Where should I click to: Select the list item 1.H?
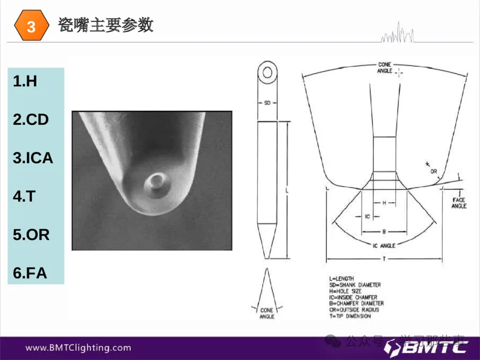(25, 82)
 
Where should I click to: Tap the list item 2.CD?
(31, 120)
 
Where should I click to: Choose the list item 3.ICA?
(33, 158)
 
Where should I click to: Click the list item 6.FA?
(30, 274)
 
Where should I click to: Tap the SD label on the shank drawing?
(268, 102)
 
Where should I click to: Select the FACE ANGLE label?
(459, 203)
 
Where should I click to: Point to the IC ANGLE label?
(383, 245)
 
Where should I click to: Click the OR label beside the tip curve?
(434, 171)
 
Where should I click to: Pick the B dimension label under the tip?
(384, 231)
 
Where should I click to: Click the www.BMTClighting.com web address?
(78, 348)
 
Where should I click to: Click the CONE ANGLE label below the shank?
(267, 313)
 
